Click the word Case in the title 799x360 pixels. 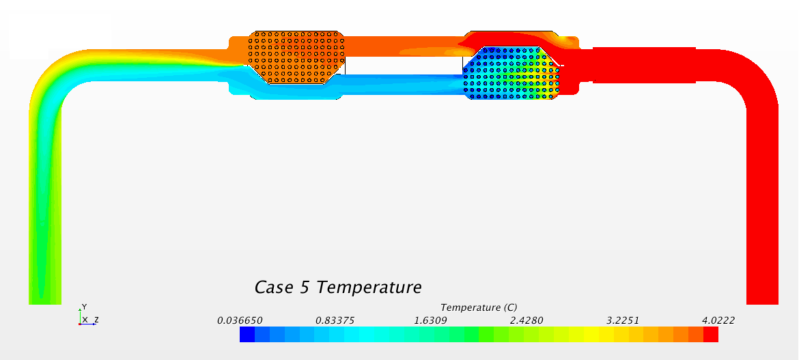[x=273, y=287]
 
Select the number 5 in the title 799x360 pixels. [x=303, y=287]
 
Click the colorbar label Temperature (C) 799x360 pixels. [x=479, y=307]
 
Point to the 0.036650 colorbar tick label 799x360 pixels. [x=240, y=320]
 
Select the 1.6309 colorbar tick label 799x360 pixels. [x=431, y=320]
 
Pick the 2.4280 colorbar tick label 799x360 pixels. [x=527, y=320]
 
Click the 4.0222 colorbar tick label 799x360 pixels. [x=717, y=320]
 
